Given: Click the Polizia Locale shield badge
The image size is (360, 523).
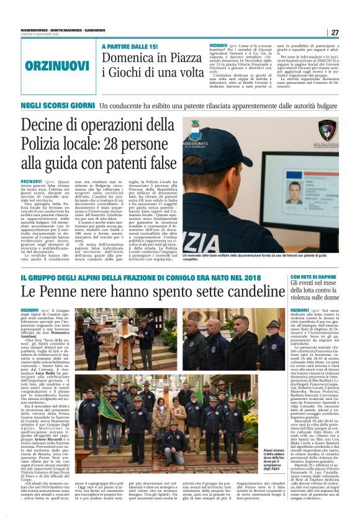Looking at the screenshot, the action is point(327,129).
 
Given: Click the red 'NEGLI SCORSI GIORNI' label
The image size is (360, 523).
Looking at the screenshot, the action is point(57,106).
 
